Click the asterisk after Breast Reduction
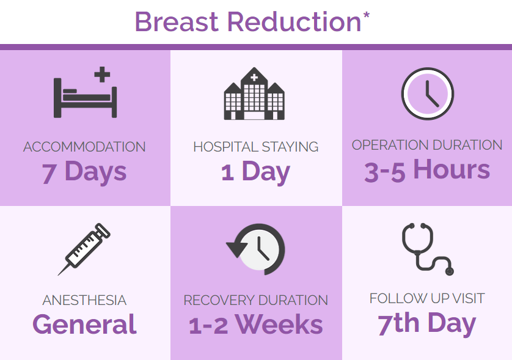[366, 15]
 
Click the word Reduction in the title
[294, 22]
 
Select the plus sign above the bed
[102, 75]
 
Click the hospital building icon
[254, 94]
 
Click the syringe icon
[84, 249]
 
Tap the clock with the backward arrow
[255, 249]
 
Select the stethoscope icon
[428, 249]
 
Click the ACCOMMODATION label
[84, 147]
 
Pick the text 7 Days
[84, 172]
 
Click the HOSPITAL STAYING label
[255, 147]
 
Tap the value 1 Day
[255, 172]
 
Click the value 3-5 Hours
[427, 170]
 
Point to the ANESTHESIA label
[84, 301]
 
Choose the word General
[84, 325]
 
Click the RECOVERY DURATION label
[255, 301]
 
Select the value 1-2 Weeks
[255, 325]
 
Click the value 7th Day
[427, 323]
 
